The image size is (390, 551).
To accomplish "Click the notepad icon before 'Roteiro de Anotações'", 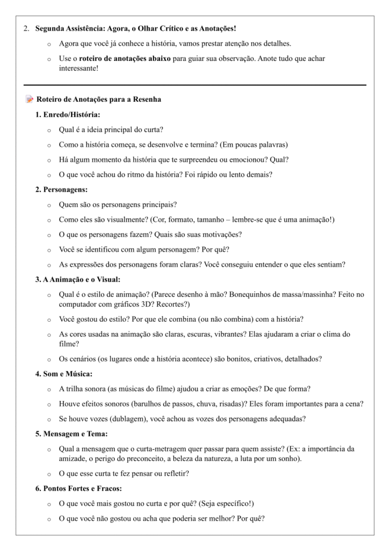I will (29, 100).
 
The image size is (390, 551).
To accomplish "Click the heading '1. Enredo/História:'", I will (68, 115).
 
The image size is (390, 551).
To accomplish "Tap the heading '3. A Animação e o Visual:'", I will (78, 279).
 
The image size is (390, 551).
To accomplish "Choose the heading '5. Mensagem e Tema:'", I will (73, 434).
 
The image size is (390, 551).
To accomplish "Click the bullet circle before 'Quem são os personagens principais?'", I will (49, 205).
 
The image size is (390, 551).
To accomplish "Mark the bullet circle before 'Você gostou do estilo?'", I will (49, 319).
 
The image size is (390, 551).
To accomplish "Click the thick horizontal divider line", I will (195, 85).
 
